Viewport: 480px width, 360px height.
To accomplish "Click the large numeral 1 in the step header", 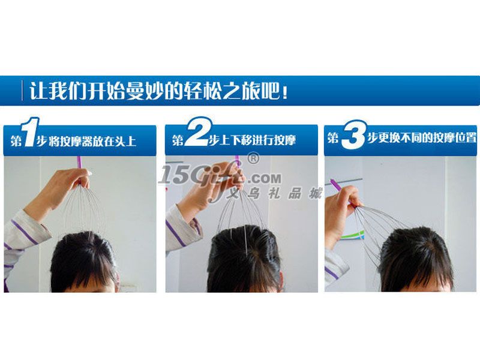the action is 31,132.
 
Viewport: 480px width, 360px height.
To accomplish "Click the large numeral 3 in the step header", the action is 354,134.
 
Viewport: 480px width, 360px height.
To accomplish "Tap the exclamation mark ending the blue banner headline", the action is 285,92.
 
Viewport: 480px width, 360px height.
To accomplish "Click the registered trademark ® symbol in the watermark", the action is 253,158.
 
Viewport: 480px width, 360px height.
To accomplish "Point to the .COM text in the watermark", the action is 264,178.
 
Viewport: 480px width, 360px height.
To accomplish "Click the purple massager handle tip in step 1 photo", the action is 79,162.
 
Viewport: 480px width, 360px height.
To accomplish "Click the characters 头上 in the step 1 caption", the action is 125,142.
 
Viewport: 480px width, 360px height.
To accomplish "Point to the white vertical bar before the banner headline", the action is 22,91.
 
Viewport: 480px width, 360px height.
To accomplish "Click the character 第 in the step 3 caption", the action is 333,138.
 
